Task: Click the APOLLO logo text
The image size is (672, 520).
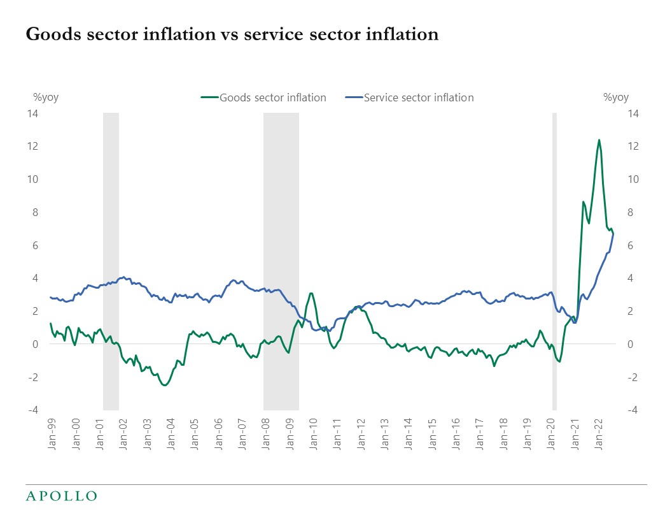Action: click(61, 496)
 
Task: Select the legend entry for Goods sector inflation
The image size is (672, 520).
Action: click(263, 97)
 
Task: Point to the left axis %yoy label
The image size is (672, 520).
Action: click(46, 97)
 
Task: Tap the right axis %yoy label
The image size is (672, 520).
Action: click(615, 97)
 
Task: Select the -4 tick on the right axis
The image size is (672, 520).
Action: click(632, 410)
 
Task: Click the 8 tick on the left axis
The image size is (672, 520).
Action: click(35, 212)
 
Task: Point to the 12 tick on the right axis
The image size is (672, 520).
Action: click(632, 146)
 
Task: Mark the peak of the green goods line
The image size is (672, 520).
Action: click(599, 140)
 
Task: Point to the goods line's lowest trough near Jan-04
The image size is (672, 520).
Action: click(164, 385)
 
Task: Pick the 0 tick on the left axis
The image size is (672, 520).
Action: click(35, 344)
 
